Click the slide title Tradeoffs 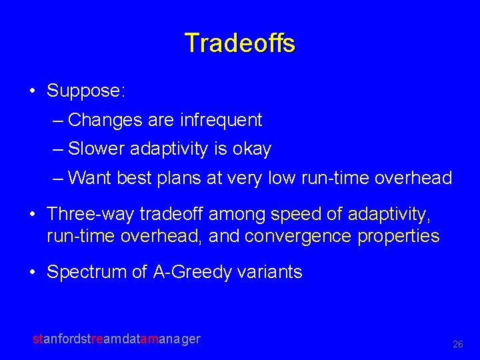[x=240, y=43]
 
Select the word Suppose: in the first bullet [x=85, y=91]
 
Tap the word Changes [x=105, y=120]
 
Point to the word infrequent [x=221, y=120]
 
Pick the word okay [x=252, y=149]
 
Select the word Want [x=90, y=178]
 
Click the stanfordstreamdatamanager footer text [x=117, y=339]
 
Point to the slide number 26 [x=457, y=345]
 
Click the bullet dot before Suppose [x=33, y=91]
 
